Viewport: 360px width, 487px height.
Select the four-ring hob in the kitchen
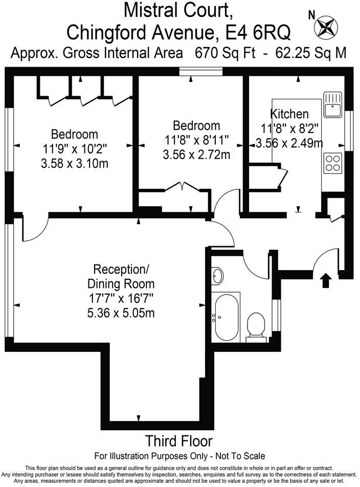point(332,162)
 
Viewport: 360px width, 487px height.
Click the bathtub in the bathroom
point(227,317)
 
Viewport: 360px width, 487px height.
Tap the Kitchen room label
point(289,114)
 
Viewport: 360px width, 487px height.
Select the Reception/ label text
point(121,270)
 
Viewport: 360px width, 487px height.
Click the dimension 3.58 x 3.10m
point(74,164)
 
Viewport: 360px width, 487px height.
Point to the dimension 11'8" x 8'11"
point(196,139)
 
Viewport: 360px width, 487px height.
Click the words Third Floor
point(179,441)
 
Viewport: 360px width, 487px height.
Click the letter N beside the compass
point(311,15)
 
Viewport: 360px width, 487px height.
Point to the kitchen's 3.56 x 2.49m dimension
point(292,143)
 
